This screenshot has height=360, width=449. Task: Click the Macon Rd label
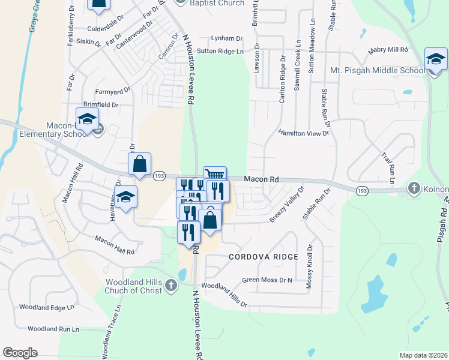tap(262, 179)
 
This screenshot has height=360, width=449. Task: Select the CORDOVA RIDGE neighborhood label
tap(263, 257)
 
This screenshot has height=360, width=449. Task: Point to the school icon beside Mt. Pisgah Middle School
tap(436, 60)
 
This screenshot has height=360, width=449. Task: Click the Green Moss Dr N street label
tap(267, 280)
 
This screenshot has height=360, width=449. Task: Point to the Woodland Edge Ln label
tap(46, 307)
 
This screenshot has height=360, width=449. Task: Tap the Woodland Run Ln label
tap(53, 329)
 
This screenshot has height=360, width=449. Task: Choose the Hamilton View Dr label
tap(304, 133)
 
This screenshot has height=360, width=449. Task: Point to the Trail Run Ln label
tap(391, 167)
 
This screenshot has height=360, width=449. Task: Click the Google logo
tap(20, 353)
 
